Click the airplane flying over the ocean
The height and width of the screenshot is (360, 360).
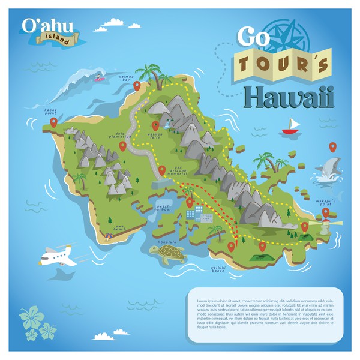[58, 256]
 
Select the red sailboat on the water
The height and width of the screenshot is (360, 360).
[292, 126]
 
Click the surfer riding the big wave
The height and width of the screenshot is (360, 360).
[98, 77]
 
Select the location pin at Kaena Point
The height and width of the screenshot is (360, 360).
[53, 122]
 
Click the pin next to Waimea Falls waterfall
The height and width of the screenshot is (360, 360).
[155, 125]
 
